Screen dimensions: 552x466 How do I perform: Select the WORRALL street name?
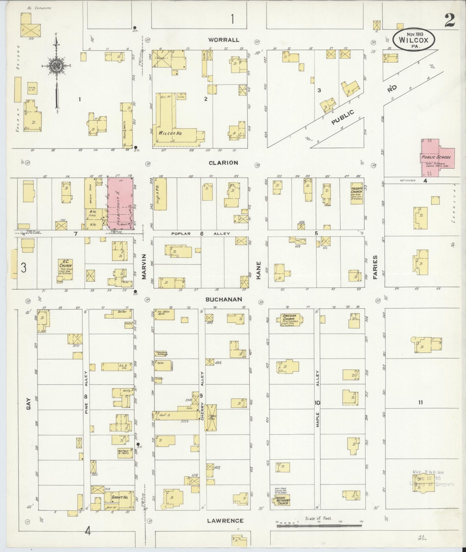224,40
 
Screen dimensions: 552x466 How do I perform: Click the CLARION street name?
223,163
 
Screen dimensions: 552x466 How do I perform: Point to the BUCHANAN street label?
223,300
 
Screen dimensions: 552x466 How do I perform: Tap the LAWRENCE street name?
225,521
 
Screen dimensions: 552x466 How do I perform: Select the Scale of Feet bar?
319,526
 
